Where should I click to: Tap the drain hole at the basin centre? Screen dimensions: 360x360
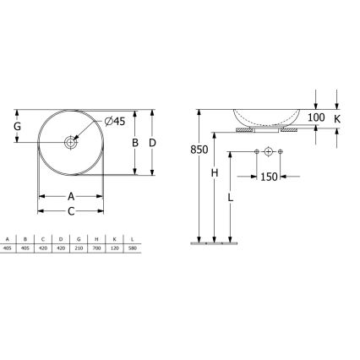tap(71, 142)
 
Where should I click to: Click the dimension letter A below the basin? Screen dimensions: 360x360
tap(71, 196)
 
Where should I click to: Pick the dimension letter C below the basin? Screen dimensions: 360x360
tap(71, 210)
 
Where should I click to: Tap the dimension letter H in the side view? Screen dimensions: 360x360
tap(215, 173)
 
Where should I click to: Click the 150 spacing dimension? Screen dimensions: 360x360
tap(268, 177)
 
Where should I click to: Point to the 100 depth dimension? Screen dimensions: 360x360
tap(316, 117)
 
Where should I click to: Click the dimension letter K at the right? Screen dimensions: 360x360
tap(337, 117)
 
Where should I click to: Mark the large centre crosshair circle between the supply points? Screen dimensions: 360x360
tap(268, 151)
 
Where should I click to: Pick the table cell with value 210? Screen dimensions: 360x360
tap(79, 248)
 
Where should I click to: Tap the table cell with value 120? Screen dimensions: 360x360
tap(114, 248)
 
